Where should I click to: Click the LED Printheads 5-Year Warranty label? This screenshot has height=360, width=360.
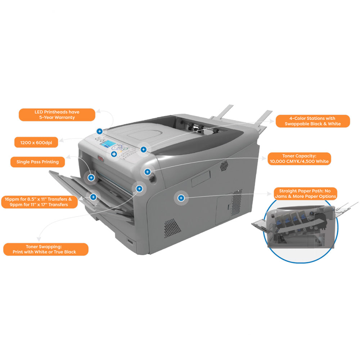tap(57, 115)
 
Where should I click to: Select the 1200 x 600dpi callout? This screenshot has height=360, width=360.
tap(36, 142)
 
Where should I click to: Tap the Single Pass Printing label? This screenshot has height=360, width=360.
tap(38, 162)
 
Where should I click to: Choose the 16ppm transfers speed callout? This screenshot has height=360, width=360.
tap(39, 202)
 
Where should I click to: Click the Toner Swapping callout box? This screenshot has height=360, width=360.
tap(46, 249)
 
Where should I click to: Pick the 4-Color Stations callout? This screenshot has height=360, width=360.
tap(313, 121)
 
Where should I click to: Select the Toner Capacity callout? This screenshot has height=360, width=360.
tap(299, 159)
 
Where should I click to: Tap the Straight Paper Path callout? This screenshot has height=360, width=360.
tap(305, 194)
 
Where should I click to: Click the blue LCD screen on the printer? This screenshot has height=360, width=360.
tap(108, 144)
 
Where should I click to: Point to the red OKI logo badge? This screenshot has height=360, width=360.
tap(100, 158)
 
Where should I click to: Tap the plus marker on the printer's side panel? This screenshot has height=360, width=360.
tap(181, 198)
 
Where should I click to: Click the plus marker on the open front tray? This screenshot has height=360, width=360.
tap(93, 197)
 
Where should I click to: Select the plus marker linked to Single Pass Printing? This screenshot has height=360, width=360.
tap(91, 177)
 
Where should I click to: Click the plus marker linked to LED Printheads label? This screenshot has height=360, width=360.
tap(100, 131)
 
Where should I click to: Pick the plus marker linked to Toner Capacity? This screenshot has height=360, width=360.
tap(147, 172)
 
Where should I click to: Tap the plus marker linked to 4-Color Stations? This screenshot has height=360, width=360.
tap(144, 149)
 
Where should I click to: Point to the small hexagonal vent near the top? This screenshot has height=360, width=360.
tap(224, 166)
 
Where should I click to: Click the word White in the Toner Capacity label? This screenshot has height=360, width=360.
tap(322, 161)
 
